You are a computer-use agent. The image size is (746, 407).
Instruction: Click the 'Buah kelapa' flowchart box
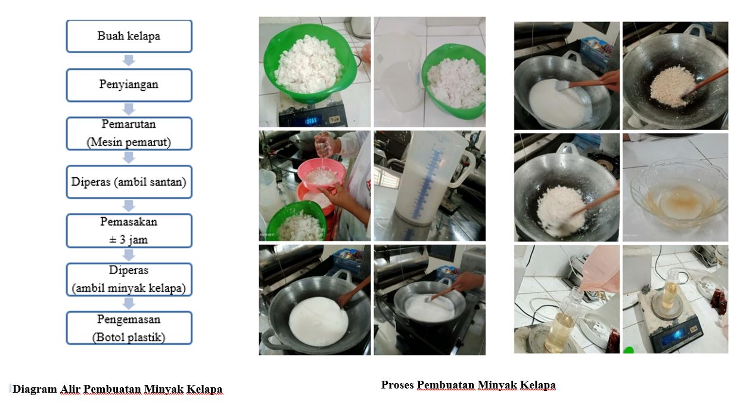click(x=129, y=36)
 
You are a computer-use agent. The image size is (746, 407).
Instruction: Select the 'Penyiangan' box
click(x=129, y=85)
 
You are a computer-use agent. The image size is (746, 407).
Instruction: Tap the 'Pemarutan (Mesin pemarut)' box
click(x=129, y=134)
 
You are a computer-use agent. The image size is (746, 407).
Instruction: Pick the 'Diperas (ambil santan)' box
click(x=129, y=182)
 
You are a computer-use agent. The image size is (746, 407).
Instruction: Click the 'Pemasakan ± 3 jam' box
click(x=129, y=230)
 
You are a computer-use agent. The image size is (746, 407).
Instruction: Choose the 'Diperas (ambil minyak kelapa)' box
click(x=129, y=279)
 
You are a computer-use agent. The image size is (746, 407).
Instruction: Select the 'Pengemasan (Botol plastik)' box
click(x=129, y=328)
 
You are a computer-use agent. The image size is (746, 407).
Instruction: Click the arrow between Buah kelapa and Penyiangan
click(x=129, y=60)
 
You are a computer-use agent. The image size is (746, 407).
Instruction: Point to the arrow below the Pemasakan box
click(x=129, y=255)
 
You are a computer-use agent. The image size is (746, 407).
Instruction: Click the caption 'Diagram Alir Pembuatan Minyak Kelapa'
click(x=117, y=389)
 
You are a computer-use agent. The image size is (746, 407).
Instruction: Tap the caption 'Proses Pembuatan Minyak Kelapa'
click(x=468, y=385)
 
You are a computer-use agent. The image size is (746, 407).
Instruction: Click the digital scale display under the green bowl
click(x=304, y=121)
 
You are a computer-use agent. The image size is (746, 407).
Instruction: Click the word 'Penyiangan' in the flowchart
click(x=129, y=85)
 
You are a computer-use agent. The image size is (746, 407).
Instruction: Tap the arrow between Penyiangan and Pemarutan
click(x=129, y=109)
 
